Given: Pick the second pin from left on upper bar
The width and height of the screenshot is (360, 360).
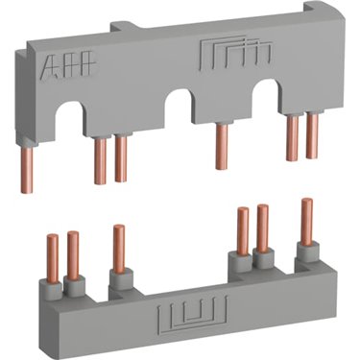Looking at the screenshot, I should coord(99,160).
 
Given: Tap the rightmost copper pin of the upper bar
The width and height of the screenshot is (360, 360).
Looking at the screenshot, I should coord(312,135).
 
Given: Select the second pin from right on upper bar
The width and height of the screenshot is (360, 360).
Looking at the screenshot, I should coord(290,136).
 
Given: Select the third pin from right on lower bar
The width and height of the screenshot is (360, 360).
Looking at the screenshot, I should coord(242,231).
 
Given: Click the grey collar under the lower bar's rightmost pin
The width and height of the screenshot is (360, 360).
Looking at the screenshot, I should coord(307,251).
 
